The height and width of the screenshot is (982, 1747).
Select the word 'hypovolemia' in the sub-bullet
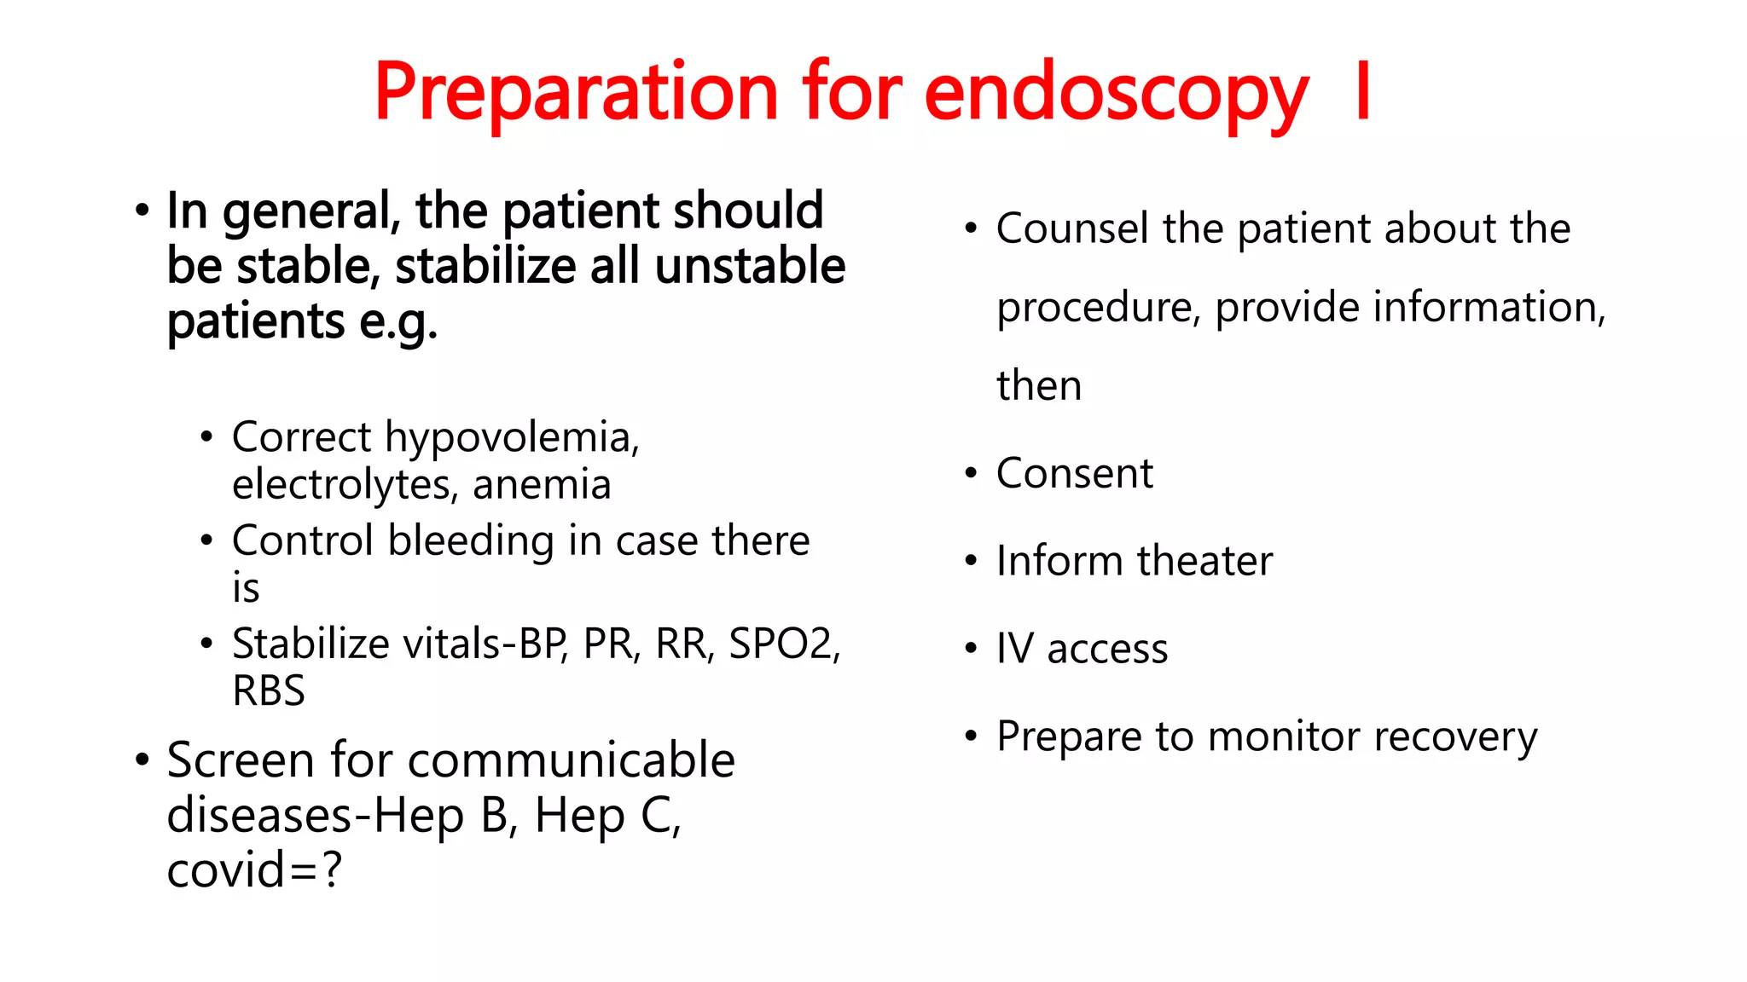click(x=508, y=438)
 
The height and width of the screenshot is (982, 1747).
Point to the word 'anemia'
click(x=542, y=484)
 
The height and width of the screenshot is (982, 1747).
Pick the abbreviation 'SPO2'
click(x=780, y=644)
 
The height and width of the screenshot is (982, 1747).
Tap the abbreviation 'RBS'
click(x=269, y=690)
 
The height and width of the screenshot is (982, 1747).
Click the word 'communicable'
click(x=572, y=760)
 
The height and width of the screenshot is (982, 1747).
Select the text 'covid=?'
click(x=254, y=870)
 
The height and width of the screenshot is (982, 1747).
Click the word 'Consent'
click(x=1074, y=473)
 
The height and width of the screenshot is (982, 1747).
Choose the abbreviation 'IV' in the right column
click(x=1014, y=649)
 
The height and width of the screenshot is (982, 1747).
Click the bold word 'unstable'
click(x=750, y=266)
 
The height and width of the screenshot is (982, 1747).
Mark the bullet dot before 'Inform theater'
click(x=971, y=561)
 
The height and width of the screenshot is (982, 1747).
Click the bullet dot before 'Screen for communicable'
click(x=142, y=759)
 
